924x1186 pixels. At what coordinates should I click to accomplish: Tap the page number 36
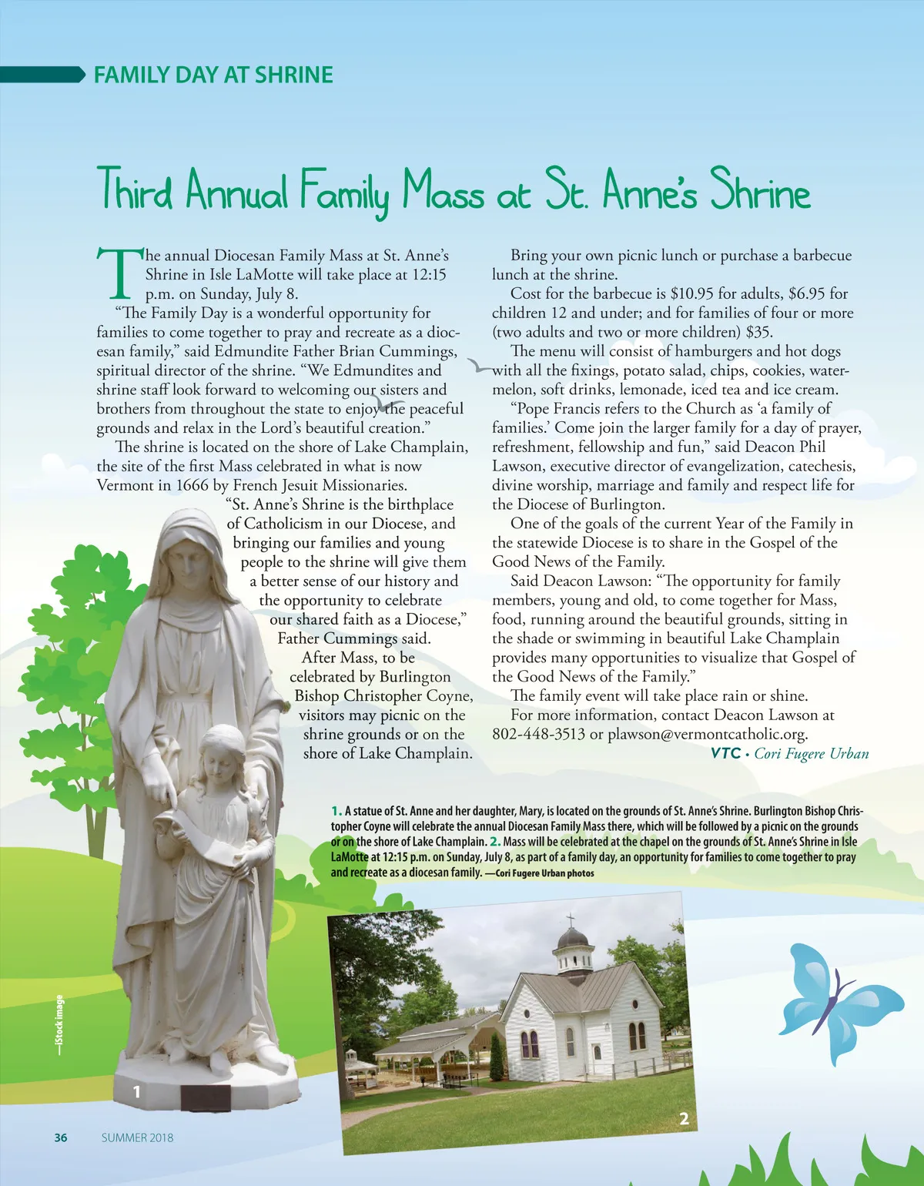point(61,1137)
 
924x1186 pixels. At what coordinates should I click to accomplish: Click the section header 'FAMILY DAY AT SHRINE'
point(213,75)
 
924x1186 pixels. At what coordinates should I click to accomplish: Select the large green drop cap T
point(120,273)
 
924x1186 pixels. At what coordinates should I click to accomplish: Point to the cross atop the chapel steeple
point(571,920)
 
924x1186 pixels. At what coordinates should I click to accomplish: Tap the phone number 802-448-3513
point(538,734)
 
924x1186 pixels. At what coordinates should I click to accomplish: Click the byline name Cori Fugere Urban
point(812,753)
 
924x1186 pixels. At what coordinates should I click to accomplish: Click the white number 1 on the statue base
point(137,1091)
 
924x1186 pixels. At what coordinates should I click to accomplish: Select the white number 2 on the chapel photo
point(684,1118)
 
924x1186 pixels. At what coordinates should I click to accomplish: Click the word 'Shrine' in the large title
point(760,191)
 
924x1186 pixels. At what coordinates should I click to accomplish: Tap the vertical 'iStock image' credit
point(60,1024)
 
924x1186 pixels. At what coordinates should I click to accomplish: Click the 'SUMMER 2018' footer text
point(137,1137)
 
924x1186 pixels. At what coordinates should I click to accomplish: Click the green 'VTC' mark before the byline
point(725,753)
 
